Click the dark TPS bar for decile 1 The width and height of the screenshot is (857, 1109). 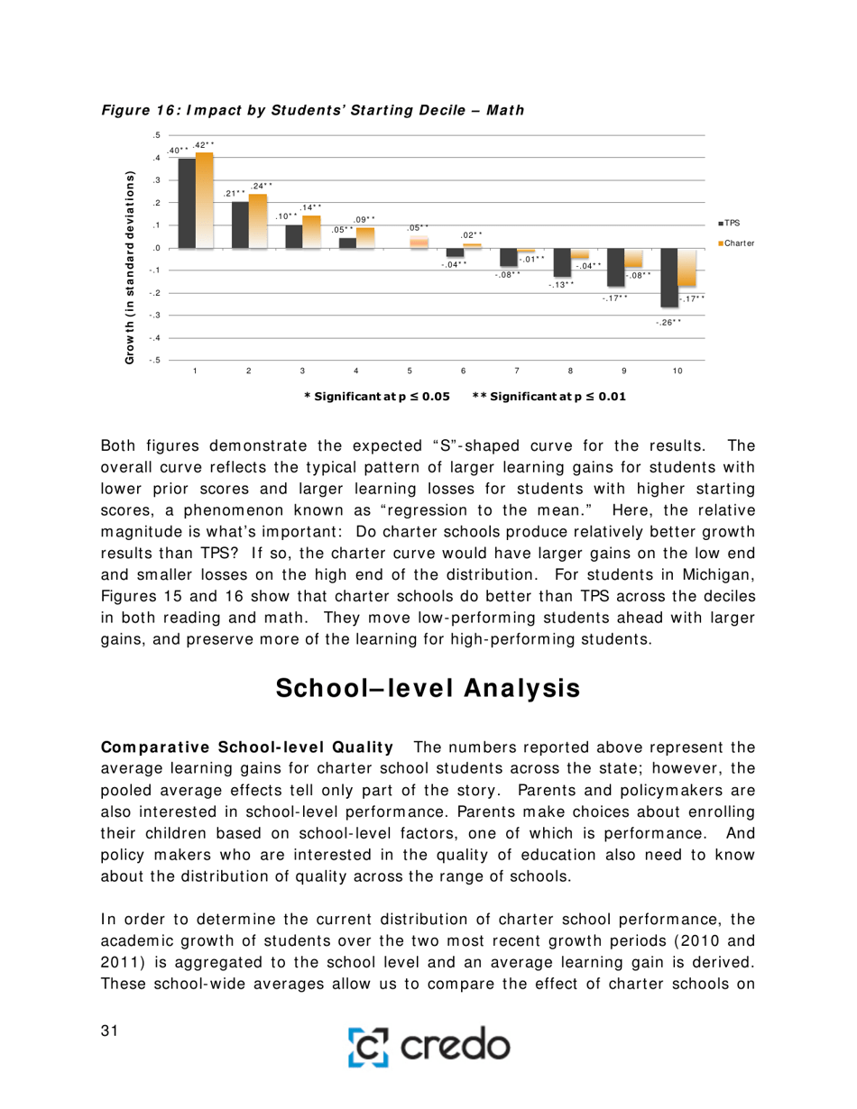click(187, 203)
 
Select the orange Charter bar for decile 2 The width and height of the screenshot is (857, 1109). click(258, 221)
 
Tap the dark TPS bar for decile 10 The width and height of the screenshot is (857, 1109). click(669, 277)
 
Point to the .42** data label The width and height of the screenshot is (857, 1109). click(204, 144)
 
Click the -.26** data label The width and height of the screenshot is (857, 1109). click(668, 322)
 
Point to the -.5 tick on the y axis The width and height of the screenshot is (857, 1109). click(157, 360)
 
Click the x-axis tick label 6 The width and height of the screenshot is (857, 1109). click(464, 371)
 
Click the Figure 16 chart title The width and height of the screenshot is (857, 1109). click(312, 109)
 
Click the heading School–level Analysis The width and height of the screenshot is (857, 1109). click(428, 688)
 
